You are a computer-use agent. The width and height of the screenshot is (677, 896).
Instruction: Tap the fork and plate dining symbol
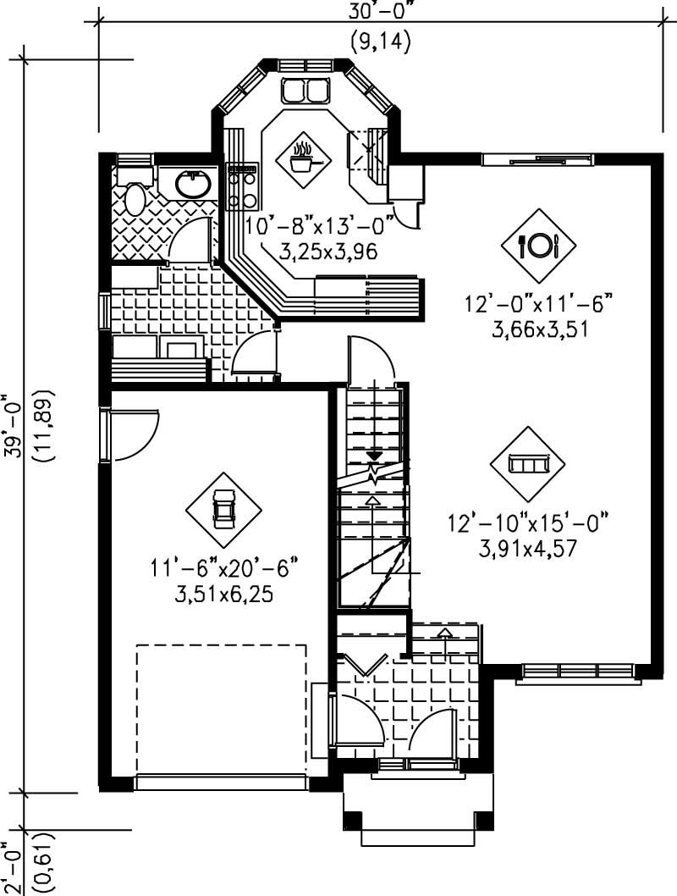pyautogui.click(x=539, y=246)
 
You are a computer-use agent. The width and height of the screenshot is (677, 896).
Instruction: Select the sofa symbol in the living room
pyautogui.click(x=528, y=463)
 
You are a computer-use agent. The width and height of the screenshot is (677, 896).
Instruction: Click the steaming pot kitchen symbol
pyautogui.click(x=302, y=157)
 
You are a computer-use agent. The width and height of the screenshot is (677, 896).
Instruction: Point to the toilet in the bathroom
pyautogui.click(x=135, y=198)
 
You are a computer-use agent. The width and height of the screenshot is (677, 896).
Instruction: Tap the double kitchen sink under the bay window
pyautogui.click(x=305, y=90)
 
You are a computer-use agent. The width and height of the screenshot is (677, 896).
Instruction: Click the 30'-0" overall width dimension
pyautogui.click(x=377, y=12)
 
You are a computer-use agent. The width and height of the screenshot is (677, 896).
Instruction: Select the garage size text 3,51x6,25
pyautogui.click(x=224, y=594)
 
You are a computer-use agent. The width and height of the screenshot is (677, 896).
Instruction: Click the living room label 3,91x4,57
pyautogui.click(x=528, y=548)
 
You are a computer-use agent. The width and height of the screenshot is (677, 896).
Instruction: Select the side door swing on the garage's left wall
pyautogui.click(x=134, y=434)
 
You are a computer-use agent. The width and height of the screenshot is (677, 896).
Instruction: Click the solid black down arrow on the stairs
pyautogui.click(x=373, y=457)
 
